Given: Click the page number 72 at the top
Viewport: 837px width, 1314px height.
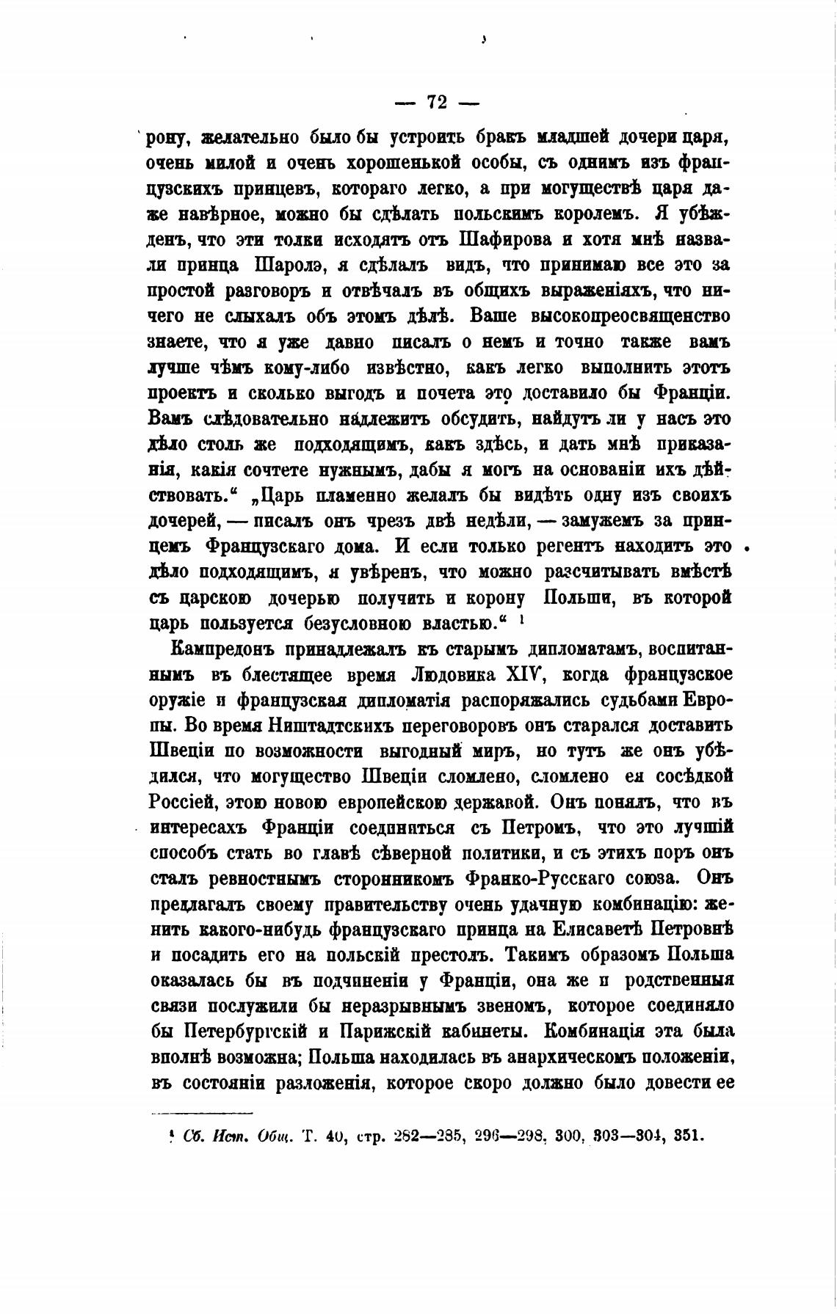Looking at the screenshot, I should [437, 102].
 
